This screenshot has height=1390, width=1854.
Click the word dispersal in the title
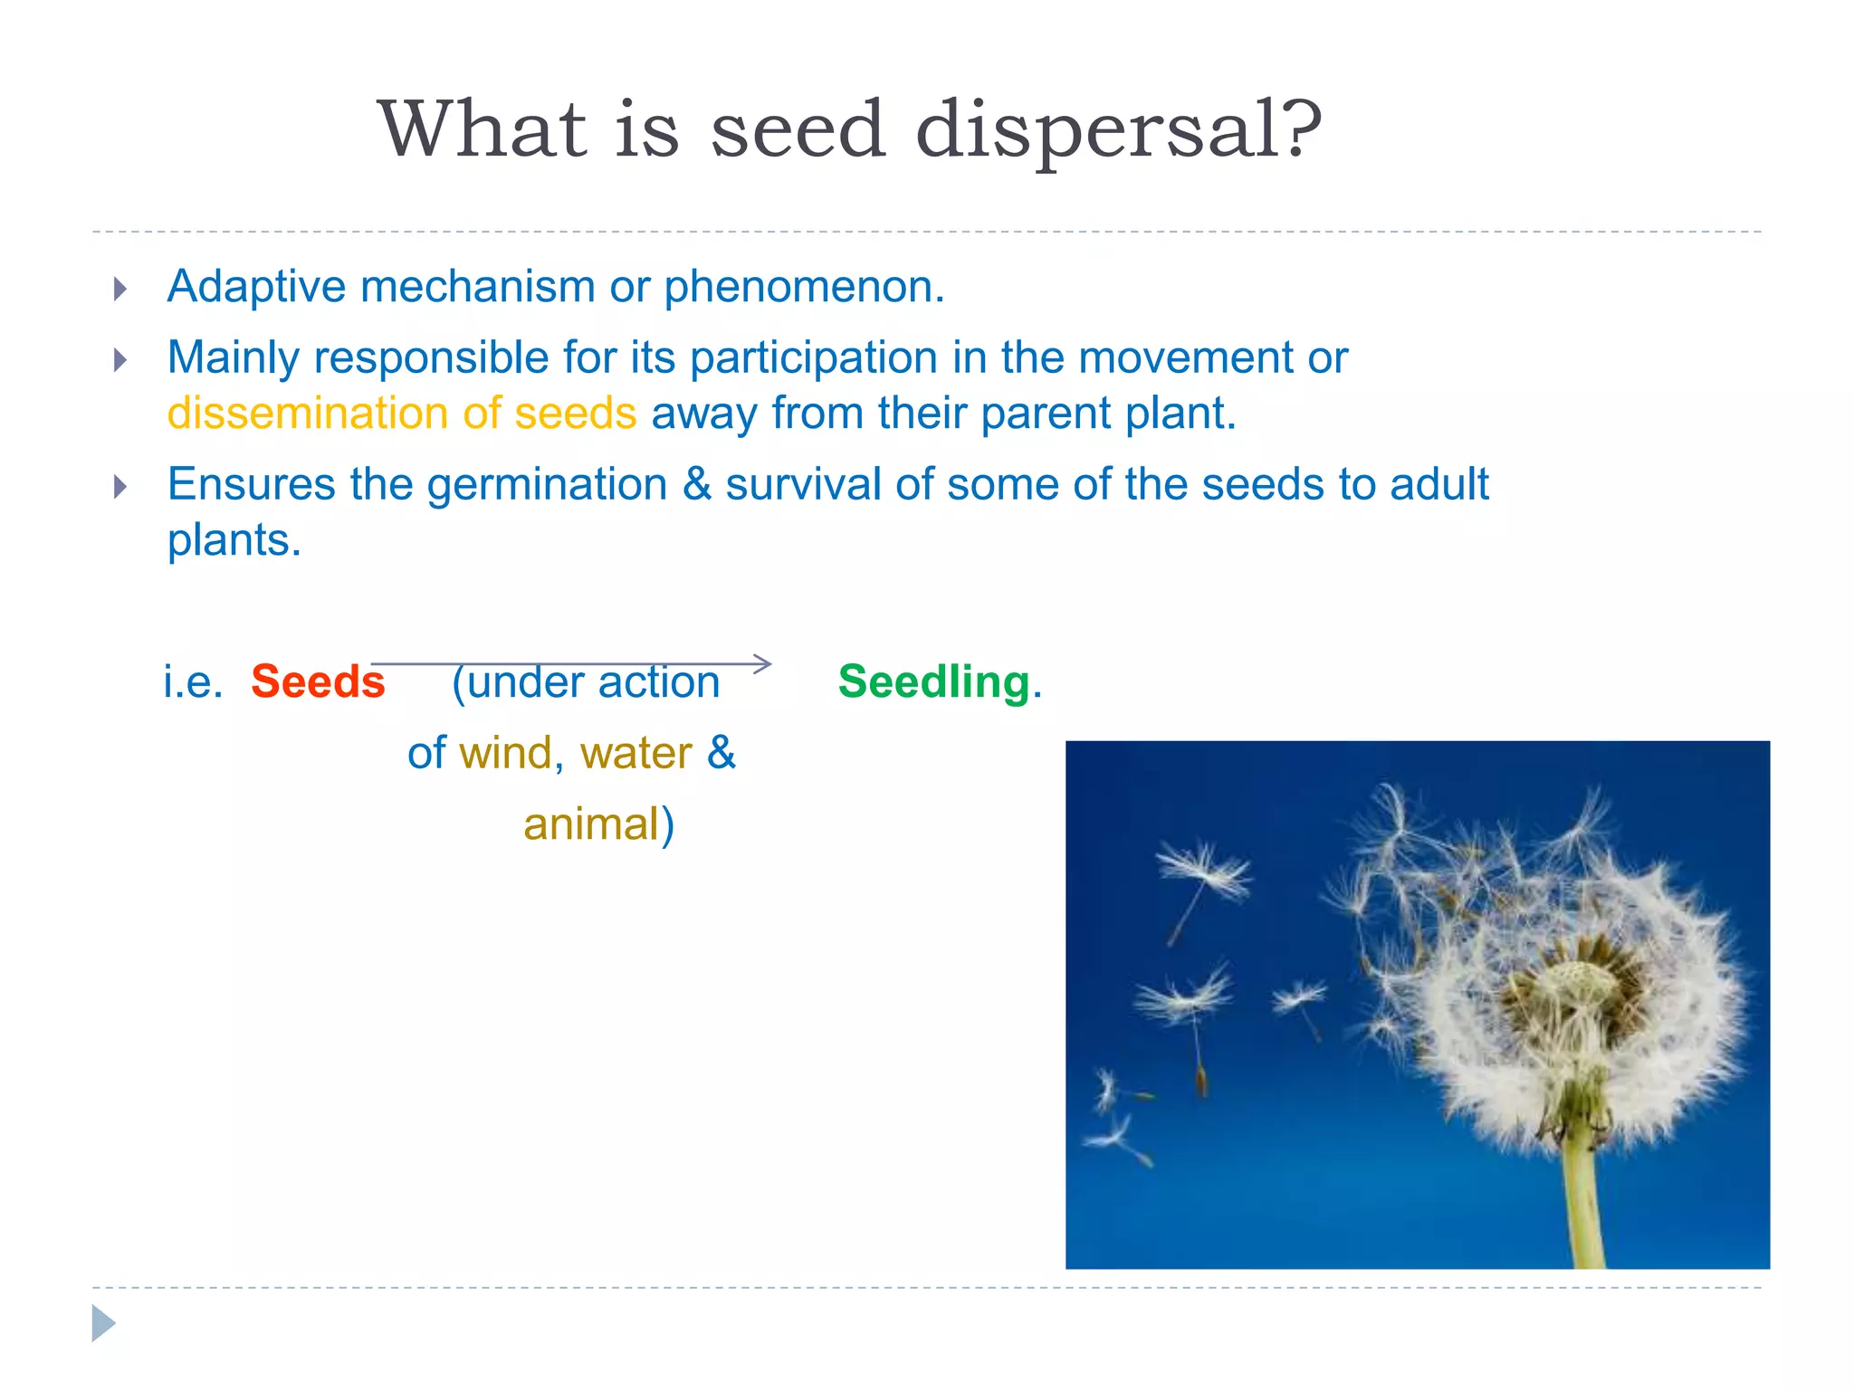[1119, 129]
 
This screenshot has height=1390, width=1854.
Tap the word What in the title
[482, 129]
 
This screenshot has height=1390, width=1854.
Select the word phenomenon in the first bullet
[804, 287]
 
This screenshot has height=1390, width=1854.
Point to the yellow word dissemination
[308, 414]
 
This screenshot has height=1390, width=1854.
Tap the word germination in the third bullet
[547, 484]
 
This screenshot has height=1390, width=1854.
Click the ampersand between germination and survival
[697, 484]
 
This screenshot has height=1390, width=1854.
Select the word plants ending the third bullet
[233, 541]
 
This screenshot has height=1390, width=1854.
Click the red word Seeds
[318, 682]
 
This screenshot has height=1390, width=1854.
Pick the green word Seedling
[933, 682]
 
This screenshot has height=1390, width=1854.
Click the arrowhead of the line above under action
[764, 663]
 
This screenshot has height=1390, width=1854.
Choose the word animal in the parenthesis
[591, 825]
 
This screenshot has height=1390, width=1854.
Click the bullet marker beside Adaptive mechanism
[119, 290]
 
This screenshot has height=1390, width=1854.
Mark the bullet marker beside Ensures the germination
[119, 488]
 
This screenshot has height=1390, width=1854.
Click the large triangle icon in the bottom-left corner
[103, 1323]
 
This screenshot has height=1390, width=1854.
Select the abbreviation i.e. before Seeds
[193, 682]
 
